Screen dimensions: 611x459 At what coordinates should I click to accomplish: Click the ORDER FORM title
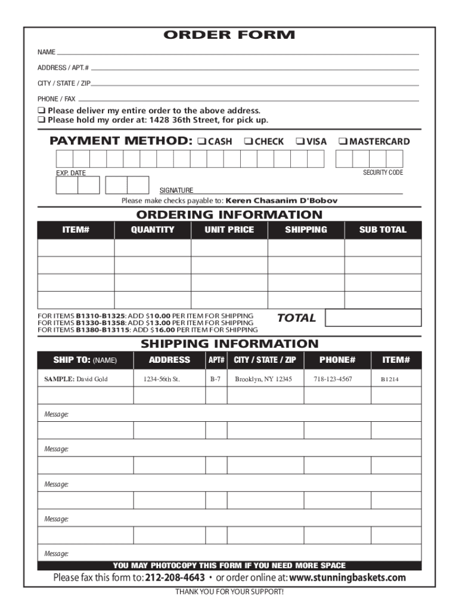pyautogui.click(x=229, y=35)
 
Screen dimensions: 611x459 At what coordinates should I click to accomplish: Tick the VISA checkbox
pyautogui.click(x=299, y=142)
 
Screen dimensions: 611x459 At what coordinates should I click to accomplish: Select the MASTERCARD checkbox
pyautogui.click(x=342, y=142)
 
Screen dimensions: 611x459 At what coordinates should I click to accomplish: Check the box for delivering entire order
pyautogui.click(x=42, y=111)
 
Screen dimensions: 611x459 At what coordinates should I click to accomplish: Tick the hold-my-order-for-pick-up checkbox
pyautogui.click(x=42, y=121)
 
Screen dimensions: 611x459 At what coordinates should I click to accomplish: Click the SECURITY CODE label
pyautogui.click(x=383, y=172)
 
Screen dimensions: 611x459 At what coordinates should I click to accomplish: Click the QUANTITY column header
pyautogui.click(x=153, y=230)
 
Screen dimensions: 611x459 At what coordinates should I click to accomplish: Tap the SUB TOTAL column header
pyautogui.click(x=383, y=230)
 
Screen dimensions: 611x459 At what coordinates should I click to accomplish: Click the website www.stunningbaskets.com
pyautogui.click(x=347, y=578)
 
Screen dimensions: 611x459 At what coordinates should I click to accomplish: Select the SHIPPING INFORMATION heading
pyautogui.click(x=229, y=344)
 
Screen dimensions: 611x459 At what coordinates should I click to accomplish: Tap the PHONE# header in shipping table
pyautogui.click(x=337, y=360)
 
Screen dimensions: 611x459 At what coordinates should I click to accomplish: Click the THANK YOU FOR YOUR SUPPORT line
pyautogui.click(x=229, y=592)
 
